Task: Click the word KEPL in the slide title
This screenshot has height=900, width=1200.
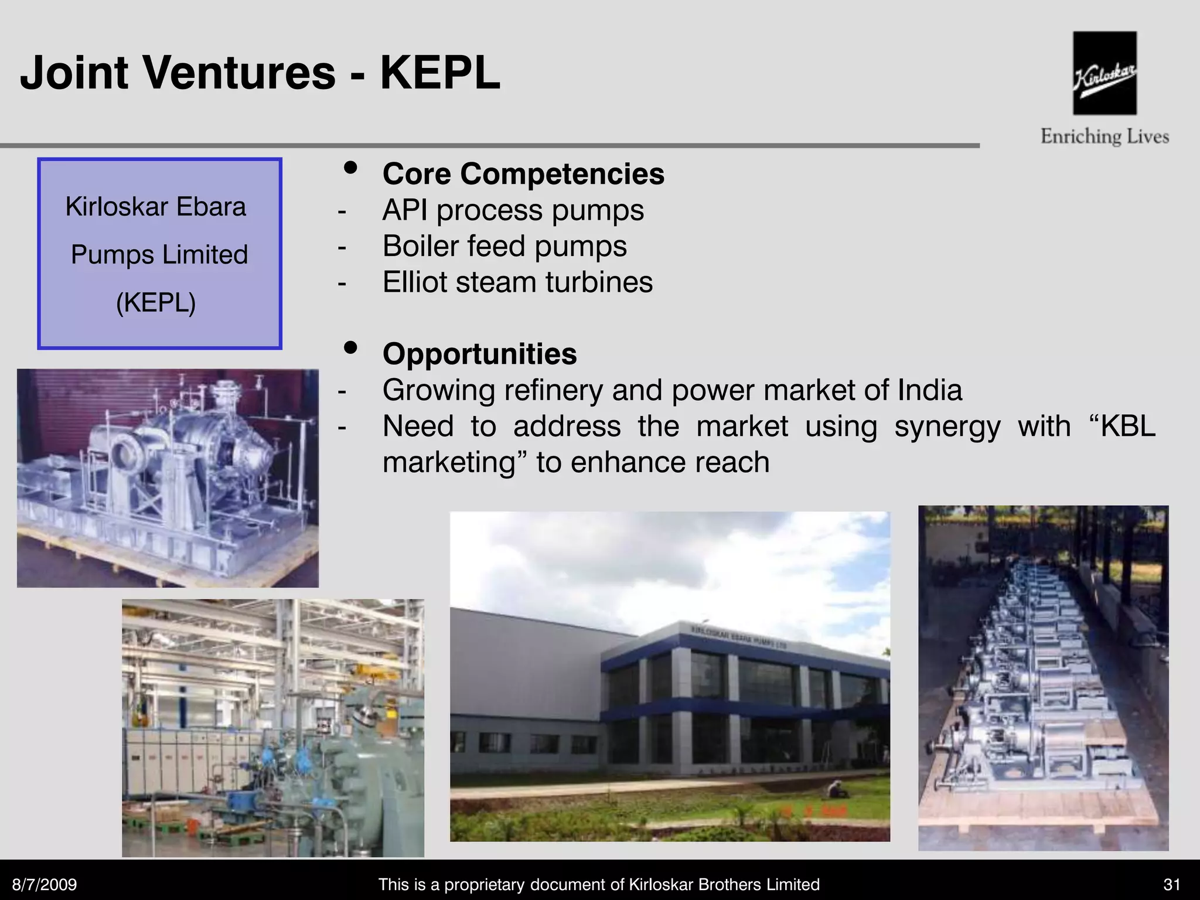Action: click(440, 73)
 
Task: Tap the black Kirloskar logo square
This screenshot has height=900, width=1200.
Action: click(1104, 73)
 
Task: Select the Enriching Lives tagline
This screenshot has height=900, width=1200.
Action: click(1104, 137)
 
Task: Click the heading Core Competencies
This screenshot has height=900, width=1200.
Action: click(523, 174)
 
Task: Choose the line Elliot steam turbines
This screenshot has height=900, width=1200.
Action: click(517, 282)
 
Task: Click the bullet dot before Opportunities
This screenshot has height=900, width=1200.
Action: click(350, 348)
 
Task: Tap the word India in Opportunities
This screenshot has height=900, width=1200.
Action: click(929, 390)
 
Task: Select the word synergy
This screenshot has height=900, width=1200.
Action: click(947, 427)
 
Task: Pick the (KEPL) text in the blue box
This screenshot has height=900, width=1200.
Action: click(156, 302)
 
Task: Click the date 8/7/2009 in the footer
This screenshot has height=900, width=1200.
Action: click(45, 884)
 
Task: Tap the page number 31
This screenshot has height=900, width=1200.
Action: click(1171, 884)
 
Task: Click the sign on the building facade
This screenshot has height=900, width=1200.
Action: click(738, 638)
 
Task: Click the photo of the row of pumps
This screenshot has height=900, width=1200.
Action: click(1043, 678)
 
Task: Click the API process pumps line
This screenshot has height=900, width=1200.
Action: click(513, 210)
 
